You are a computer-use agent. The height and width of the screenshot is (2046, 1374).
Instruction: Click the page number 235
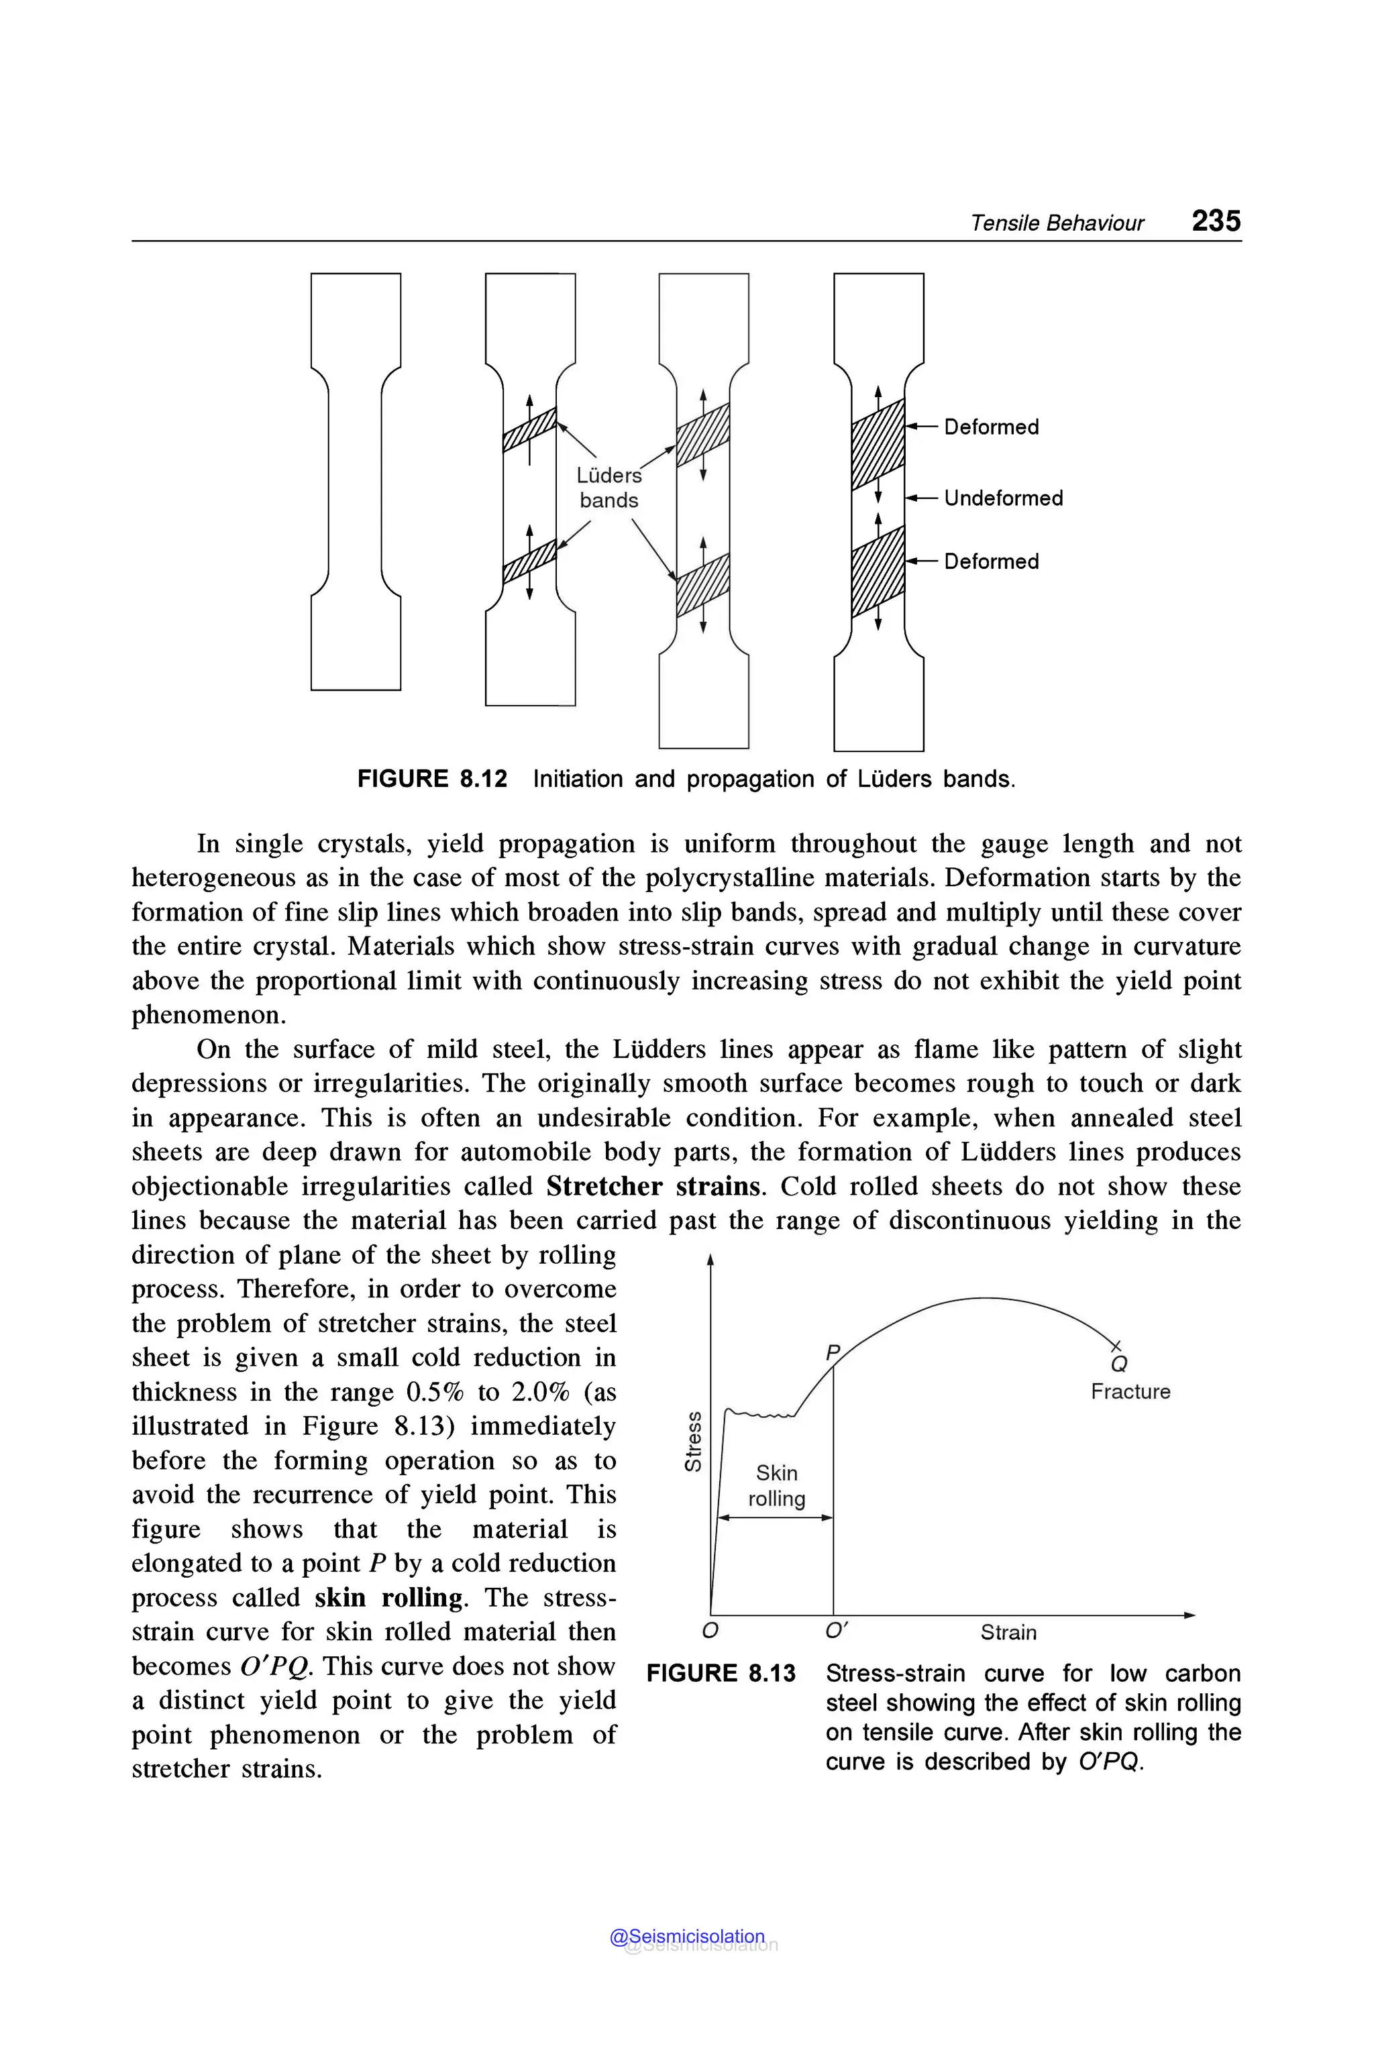click(x=1216, y=221)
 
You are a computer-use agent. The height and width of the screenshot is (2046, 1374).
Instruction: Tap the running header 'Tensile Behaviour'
click(x=1056, y=223)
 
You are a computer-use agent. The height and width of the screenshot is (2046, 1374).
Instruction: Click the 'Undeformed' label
click(x=1004, y=498)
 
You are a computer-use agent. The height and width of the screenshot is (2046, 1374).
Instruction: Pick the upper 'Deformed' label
click(x=991, y=427)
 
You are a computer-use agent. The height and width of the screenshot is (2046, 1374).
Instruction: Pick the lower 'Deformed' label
click(x=991, y=561)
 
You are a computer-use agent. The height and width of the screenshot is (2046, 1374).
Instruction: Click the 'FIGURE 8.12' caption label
click(x=432, y=779)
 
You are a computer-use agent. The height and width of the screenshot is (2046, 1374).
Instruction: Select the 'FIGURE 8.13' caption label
click(x=721, y=1674)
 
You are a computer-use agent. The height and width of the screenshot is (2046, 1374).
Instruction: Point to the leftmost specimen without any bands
click(x=355, y=482)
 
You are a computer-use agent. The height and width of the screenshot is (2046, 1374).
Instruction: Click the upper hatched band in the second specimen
click(x=529, y=429)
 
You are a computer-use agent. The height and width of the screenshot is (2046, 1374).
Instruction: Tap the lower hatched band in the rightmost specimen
click(x=878, y=572)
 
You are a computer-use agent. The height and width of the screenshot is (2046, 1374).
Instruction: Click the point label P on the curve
click(x=833, y=1352)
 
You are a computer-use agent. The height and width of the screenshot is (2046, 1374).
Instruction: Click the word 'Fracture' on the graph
click(x=1130, y=1391)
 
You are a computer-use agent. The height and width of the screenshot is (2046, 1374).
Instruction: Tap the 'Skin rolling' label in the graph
click(x=776, y=1485)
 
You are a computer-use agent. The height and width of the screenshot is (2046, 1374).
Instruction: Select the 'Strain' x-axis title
click(x=1008, y=1632)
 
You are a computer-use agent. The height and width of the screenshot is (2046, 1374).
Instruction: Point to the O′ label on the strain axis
click(x=837, y=1631)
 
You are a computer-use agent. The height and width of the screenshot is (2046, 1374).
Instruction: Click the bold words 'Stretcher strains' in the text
click(x=653, y=1187)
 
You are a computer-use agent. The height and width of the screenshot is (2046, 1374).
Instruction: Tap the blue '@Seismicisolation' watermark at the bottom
click(x=687, y=1937)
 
